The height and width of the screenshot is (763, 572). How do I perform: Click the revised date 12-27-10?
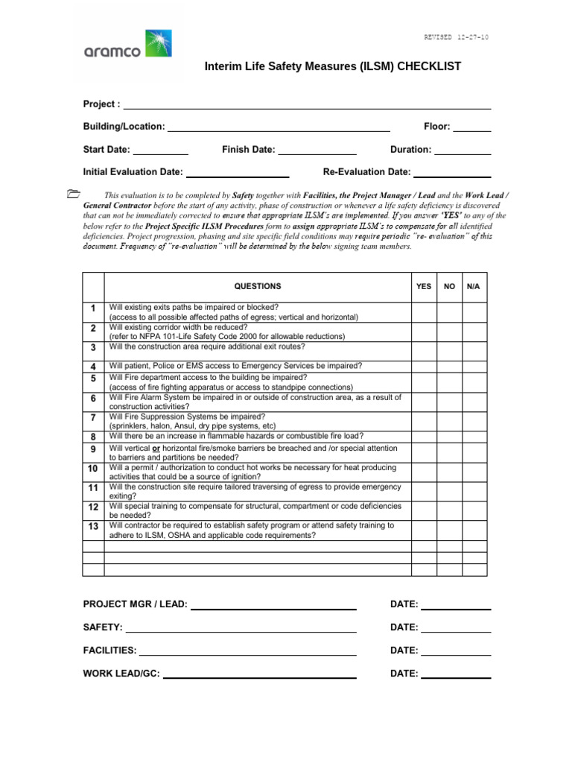click(x=457, y=37)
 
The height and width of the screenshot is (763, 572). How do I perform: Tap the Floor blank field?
click(x=472, y=127)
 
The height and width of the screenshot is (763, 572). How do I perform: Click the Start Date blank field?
click(x=161, y=151)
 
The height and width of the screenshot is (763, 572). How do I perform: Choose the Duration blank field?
click(x=463, y=151)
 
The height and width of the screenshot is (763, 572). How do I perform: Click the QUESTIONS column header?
click(x=258, y=286)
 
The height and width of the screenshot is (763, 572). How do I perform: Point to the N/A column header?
click(x=474, y=286)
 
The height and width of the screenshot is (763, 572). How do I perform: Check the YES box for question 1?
click(x=424, y=312)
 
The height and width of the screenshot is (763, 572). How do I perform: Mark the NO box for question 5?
click(x=449, y=382)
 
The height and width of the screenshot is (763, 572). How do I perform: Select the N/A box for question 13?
click(x=474, y=530)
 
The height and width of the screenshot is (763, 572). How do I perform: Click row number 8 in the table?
click(x=93, y=437)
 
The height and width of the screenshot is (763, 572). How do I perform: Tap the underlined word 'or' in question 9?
click(x=156, y=449)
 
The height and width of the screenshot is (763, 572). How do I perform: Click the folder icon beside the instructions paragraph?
click(x=72, y=194)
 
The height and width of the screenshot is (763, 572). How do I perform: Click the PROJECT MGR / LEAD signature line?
click(x=273, y=605)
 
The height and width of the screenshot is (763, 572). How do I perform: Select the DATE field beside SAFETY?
click(x=456, y=628)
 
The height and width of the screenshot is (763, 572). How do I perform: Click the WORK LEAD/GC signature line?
click(x=259, y=674)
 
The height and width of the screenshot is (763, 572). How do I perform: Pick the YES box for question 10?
click(x=424, y=472)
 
